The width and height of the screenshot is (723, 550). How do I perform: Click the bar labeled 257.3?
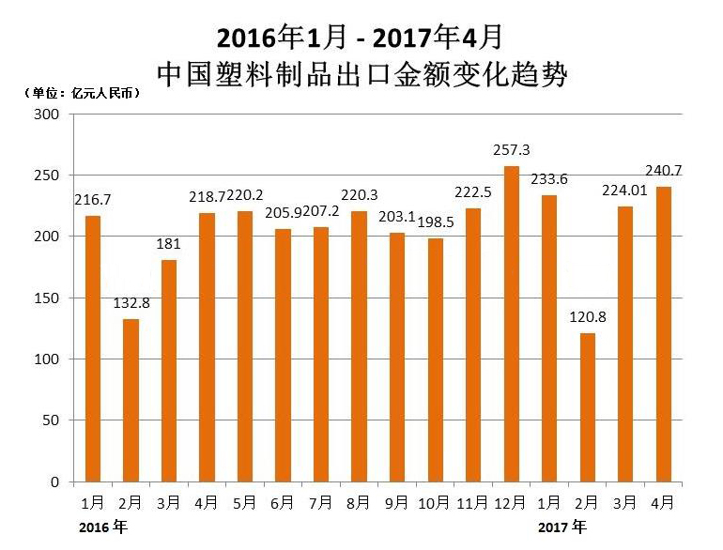click(x=512, y=324)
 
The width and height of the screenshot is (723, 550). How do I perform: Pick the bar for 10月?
click(x=436, y=360)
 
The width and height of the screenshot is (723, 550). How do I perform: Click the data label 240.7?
click(x=664, y=171)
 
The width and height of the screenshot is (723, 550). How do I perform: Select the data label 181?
click(x=169, y=246)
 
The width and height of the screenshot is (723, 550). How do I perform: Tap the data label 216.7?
click(x=91, y=201)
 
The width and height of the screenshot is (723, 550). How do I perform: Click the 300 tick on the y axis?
click(x=47, y=115)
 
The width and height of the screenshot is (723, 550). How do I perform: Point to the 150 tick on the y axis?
click(x=47, y=298)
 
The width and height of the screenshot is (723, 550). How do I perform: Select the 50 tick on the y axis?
click(x=52, y=420)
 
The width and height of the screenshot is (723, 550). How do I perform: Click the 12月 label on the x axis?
click(x=512, y=502)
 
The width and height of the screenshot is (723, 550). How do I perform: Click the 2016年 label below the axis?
click(x=103, y=527)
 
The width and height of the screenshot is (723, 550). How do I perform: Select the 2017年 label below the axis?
click(x=563, y=527)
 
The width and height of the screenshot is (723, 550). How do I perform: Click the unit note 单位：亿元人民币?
click(x=82, y=93)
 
